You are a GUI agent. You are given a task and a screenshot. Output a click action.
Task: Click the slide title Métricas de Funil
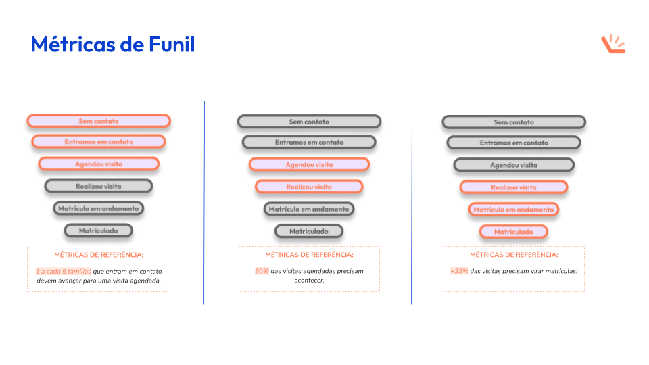[x=113, y=45]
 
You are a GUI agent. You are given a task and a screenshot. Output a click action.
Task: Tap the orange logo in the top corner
[x=612, y=44]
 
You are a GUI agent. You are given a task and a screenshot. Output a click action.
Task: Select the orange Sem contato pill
[x=99, y=121]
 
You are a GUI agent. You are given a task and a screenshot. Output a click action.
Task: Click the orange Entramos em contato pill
[x=99, y=142]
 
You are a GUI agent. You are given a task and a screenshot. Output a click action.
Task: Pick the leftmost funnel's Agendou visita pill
[x=99, y=164]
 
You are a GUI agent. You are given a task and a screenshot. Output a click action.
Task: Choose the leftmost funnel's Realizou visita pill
[x=99, y=186]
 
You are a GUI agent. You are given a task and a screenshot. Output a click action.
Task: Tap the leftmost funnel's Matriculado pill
[x=99, y=230]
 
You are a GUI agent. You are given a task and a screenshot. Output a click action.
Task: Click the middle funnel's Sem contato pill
[x=309, y=122]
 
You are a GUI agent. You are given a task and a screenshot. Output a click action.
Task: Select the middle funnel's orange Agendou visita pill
[x=309, y=164]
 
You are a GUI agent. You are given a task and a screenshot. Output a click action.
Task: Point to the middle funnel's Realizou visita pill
[x=309, y=187]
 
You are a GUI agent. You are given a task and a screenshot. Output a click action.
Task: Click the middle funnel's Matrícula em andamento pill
[x=309, y=209]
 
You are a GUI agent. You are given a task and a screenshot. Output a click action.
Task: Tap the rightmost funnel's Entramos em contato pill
[x=514, y=143]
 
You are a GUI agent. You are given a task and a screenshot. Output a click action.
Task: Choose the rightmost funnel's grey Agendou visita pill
[x=514, y=165]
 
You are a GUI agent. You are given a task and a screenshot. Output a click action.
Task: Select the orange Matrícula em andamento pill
[x=514, y=210]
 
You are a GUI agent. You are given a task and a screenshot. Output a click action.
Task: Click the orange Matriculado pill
[x=514, y=232]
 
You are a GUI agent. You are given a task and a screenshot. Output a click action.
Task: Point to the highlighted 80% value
[x=262, y=271]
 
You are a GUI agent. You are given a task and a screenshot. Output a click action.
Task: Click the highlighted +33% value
[x=459, y=271]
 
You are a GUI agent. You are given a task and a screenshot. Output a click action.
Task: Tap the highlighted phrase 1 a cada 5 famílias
[x=63, y=271]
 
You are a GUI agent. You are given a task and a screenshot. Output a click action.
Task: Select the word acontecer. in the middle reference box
[x=309, y=280]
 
